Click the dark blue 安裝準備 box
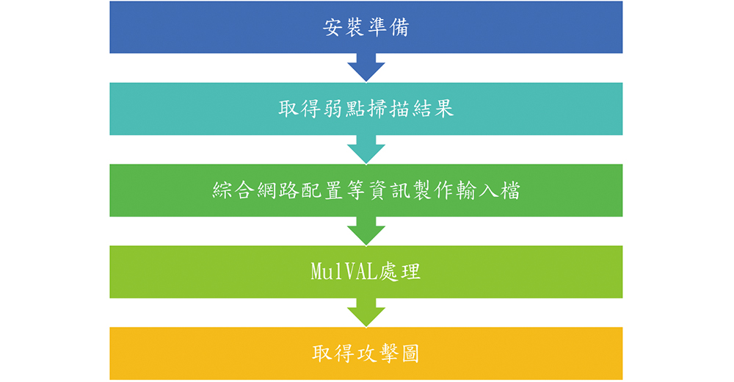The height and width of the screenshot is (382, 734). click(x=366, y=26)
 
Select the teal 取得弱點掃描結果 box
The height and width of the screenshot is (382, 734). click(x=366, y=109)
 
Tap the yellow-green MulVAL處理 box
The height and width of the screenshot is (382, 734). click(x=366, y=272)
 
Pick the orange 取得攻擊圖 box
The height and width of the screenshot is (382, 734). click(x=366, y=353)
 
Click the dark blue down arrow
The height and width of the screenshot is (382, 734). click(x=366, y=67)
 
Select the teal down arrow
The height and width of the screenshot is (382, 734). click(x=366, y=149)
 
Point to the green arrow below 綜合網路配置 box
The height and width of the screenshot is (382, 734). click(x=366, y=231)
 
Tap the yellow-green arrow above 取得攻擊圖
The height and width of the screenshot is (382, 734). click(x=366, y=312)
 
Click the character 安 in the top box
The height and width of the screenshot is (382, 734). click(x=333, y=27)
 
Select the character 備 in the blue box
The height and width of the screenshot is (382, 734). click(x=399, y=27)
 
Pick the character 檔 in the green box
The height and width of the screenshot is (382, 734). click(x=510, y=190)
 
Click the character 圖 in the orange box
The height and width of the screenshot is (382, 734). click(x=410, y=353)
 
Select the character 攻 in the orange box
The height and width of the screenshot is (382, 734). click(x=366, y=353)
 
